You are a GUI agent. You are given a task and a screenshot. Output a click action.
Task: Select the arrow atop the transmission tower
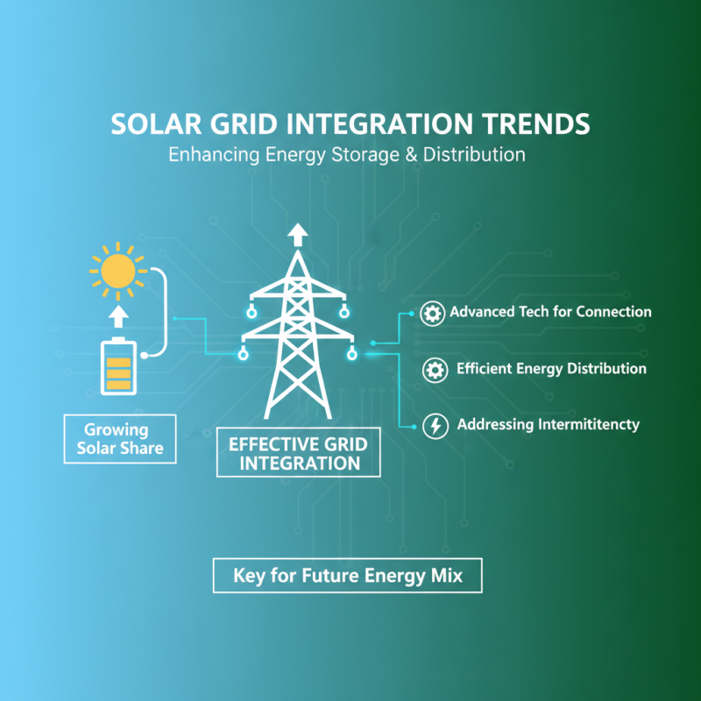(299, 234)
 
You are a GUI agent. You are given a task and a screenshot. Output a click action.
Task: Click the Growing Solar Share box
(119, 440)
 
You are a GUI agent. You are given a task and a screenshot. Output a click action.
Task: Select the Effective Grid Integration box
(298, 453)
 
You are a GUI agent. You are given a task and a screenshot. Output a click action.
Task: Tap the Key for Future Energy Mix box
(347, 577)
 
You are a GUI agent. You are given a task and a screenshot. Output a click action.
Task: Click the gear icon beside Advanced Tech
(431, 313)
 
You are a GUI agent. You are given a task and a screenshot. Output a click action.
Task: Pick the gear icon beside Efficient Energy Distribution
(435, 370)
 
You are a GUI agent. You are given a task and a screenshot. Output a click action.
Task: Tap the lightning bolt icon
(434, 426)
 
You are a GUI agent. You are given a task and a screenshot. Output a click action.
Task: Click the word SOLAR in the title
(153, 124)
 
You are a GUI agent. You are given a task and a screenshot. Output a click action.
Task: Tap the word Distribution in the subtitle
(474, 155)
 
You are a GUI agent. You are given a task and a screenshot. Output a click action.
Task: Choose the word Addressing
(493, 425)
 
